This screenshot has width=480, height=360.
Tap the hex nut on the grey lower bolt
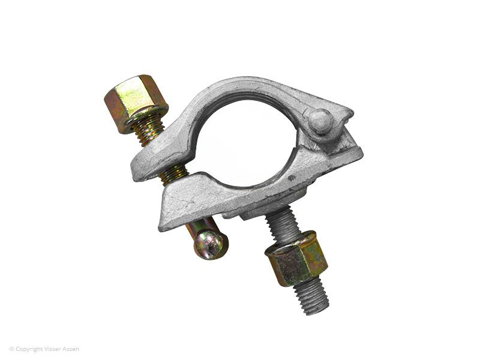pyautogui.click(x=296, y=259)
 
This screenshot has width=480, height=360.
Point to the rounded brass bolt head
pyautogui.click(x=211, y=244)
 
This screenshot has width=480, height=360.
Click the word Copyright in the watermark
pyautogui.click(x=29, y=349)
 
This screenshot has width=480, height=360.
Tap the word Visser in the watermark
pyautogui.click(x=53, y=349)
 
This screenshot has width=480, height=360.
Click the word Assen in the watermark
pyautogui.click(x=71, y=349)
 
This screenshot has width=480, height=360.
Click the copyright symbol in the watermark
pyautogui.click(x=11, y=349)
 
